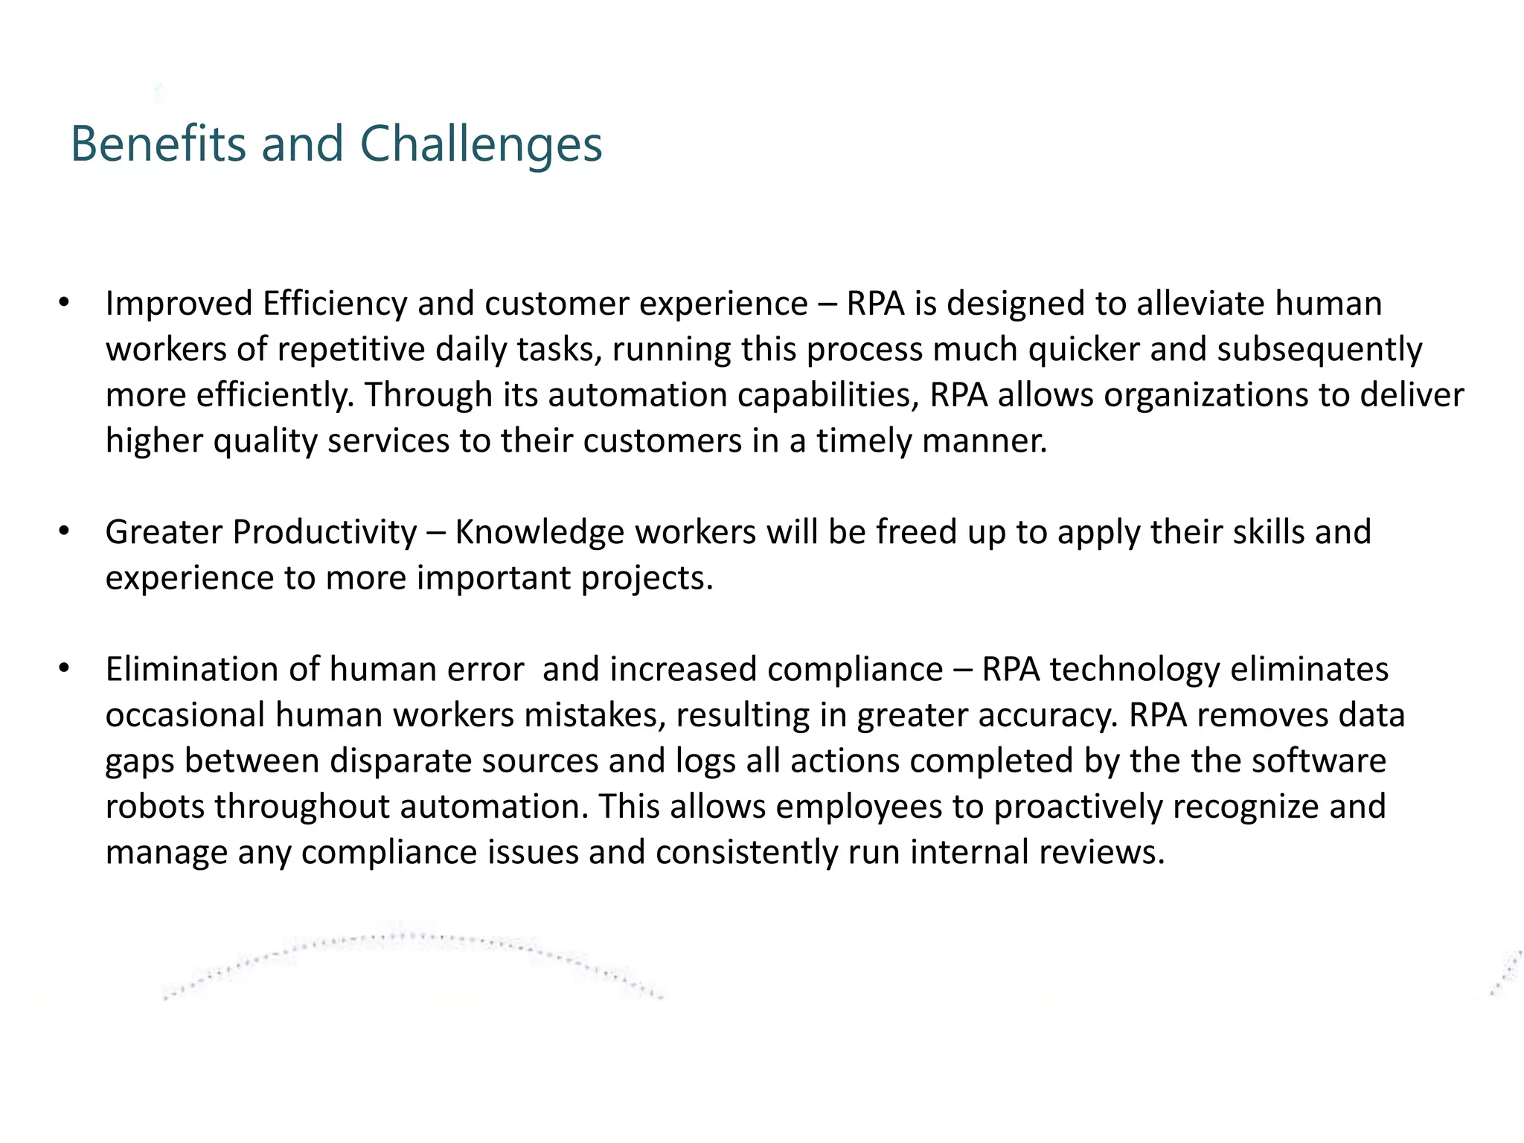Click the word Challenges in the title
[481, 144]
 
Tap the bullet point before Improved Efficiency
[64, 303]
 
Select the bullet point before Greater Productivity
[64, 531]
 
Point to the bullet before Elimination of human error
[64, 668]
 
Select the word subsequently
[1319, 350]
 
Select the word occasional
[185, 715]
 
